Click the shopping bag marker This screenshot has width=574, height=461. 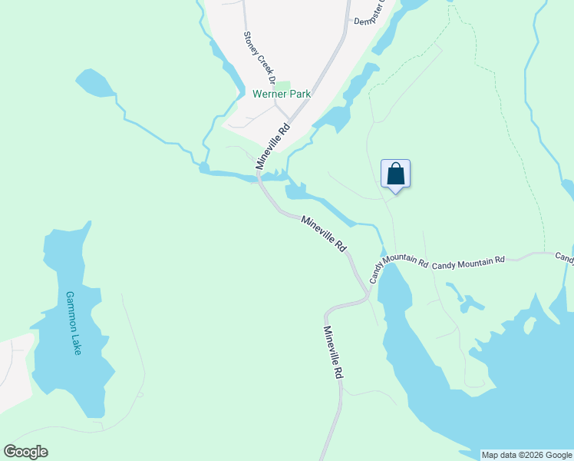(395, 173)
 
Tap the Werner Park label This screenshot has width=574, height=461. (282, 94)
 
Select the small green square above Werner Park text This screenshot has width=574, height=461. (283, 85)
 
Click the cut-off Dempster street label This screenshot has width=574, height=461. (369, 21)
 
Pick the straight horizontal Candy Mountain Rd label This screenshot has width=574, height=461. (468, 262)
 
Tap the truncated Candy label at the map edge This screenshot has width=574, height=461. (564, 257)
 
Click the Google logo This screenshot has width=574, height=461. (25, 452)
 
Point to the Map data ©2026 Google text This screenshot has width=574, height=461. (526, 455)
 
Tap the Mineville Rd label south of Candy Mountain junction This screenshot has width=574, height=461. (332, 353)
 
